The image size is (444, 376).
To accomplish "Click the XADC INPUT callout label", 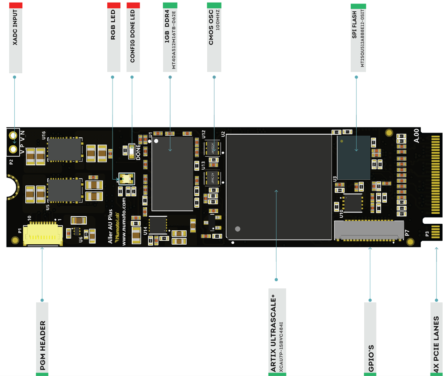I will [x=15, y=39].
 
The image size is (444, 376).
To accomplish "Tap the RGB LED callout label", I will [x=113, y=39].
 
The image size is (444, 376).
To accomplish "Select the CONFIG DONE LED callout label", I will [x=133, y=39].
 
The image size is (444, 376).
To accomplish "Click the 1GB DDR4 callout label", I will [x=170, y=39].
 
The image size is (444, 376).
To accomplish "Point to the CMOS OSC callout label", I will [x=214, y=39].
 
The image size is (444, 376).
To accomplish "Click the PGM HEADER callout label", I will [x=42, y=338].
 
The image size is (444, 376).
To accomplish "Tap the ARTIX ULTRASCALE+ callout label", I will [x=277, y=332].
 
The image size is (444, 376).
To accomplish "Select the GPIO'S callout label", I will [x=370, y=338].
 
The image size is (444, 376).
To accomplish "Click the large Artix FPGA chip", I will [x=279, y=187].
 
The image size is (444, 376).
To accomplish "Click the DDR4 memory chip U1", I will [x=172, y=173].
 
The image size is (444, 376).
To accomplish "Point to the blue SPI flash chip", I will [x=354, y=157].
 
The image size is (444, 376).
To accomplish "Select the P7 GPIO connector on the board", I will [x=369, y=230].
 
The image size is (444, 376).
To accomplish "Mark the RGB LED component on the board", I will [x=126, y=178].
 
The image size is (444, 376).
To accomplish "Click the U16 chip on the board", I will [x=65, y=149].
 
